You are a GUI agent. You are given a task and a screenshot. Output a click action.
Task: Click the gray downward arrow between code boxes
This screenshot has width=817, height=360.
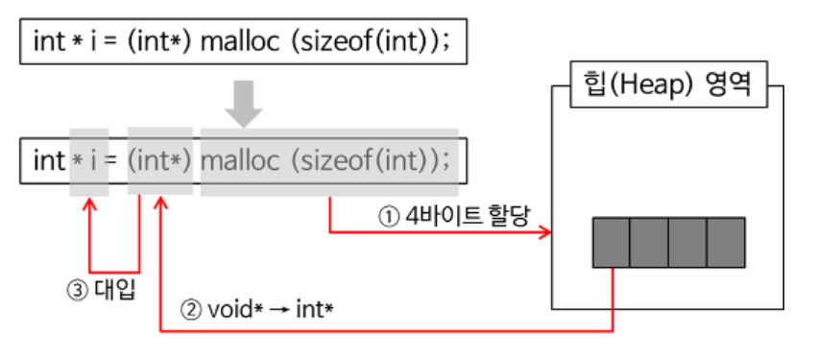pos(247,104)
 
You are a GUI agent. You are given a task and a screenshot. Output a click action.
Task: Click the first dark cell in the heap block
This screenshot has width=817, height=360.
pos(611,242)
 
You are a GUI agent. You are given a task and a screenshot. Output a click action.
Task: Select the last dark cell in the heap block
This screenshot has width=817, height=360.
pos(725,242)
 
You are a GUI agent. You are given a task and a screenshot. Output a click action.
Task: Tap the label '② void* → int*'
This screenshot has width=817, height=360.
pos(256,311)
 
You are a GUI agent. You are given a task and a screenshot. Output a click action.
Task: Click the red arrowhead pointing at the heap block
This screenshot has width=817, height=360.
pos(548,232)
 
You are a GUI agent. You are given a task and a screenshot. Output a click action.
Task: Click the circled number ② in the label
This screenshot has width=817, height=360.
pos(189,311)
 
